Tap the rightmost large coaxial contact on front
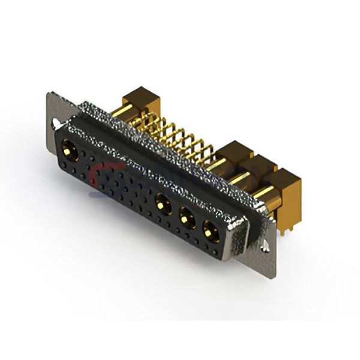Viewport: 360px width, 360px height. (210, 227)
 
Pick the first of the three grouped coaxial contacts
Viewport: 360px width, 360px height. (161, 201)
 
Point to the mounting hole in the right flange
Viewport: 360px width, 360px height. (265, 244)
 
